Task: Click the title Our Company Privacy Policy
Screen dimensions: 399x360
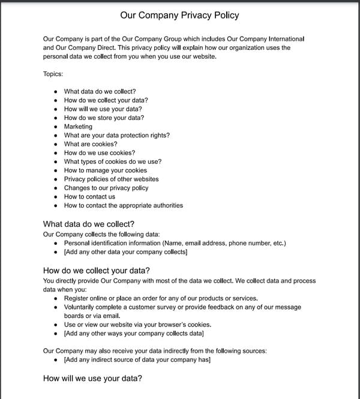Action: (x=179, y=14)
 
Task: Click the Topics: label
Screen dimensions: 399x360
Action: (x=53, y=74)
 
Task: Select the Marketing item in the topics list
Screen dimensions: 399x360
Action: (x=78, y=127)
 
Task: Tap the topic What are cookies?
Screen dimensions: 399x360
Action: (x=91, y=144)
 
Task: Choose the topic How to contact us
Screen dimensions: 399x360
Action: (x=89, y=196)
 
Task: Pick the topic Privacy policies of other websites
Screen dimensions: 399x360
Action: (x=111, y=179)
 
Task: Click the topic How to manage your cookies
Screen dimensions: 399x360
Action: (x=105, y=170)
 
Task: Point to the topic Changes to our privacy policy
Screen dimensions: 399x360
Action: (x=106, y=188)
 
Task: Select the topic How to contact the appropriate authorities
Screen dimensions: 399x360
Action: (x=123, y=205)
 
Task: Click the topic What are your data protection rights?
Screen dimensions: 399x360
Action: (x=116, y=135)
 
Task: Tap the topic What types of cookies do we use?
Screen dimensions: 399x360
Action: (x=112, y=161)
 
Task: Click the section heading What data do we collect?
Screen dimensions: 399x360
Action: (x=89, y=224)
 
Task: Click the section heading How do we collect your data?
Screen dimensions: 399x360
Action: (x=97, y=270)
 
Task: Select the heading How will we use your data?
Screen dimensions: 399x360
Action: (x=92, y=379)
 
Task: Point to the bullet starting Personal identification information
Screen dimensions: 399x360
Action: (x=175, y=243)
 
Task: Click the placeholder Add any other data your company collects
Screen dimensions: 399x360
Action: (x=125, y=252)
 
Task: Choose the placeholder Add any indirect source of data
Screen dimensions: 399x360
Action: (x=137, y=360)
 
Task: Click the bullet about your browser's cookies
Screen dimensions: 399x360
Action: (x=137, y=325)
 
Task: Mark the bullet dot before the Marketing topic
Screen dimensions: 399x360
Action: (x=56, y=127)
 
